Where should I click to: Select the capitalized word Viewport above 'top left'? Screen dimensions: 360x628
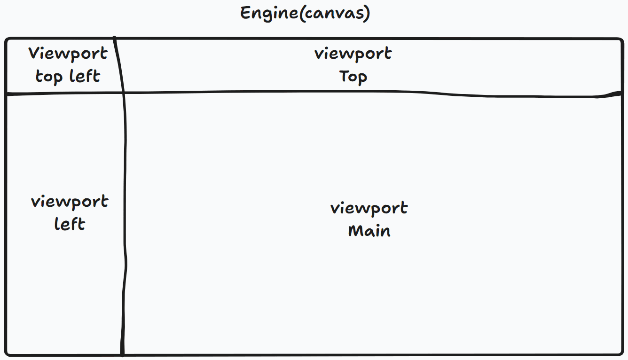68,54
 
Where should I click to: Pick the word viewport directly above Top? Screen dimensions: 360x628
353,54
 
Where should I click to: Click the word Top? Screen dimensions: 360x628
353,76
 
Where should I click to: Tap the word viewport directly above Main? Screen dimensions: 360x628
369,208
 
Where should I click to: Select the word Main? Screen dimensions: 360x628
369,231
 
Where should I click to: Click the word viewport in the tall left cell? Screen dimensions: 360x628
70,202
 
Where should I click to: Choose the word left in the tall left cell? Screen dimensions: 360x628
70,224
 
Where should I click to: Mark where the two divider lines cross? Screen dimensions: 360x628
123,93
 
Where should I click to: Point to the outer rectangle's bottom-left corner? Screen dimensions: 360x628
8,352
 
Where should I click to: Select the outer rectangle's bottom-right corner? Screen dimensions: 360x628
620,352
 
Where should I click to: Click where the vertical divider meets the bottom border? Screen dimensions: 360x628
122,354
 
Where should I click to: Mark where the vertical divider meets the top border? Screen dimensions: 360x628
114,39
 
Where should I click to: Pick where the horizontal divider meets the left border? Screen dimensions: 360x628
6,94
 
